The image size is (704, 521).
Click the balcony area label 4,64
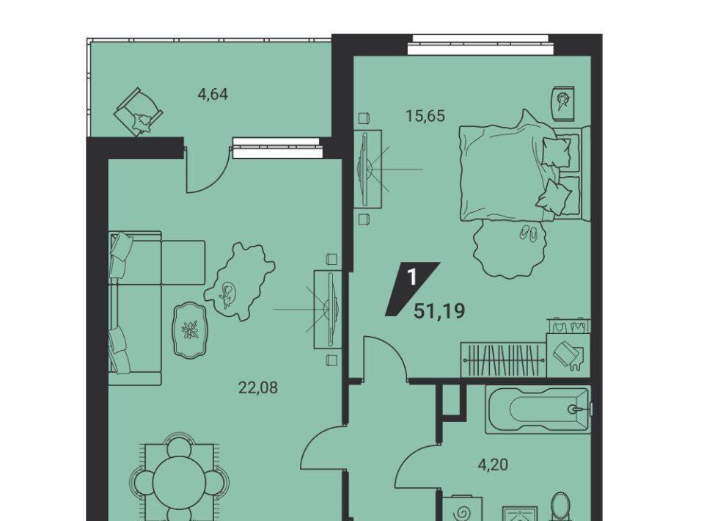tap(213, 95)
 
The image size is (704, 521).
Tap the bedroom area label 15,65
tap(425, 116)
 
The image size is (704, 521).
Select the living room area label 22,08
tap(257, 387)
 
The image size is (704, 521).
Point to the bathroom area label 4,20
tap(493, 464)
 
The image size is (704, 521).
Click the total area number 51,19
tap(439, 311)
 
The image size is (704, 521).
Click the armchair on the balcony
tap(139, 112)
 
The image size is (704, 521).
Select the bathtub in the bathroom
tap(538, 409)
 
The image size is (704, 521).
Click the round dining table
tap(179, 484)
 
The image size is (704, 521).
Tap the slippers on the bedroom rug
tap(527, 233)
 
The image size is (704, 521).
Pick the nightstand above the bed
tap(563, 103)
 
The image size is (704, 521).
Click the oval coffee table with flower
tap(191, 330)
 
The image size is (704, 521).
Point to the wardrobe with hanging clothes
tap(504, 360)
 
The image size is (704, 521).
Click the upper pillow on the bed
tap(557, 150)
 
